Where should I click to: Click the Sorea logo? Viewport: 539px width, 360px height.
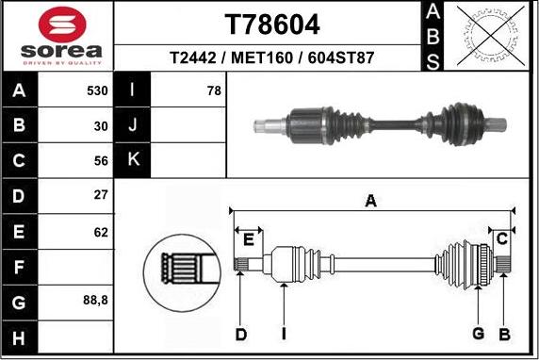pyautogui.click(x=58, y=37)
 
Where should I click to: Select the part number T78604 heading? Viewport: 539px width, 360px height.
pyautogui.click(x=271, y=24)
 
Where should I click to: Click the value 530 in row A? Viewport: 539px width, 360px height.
pyautogui.click(x=97, y=91)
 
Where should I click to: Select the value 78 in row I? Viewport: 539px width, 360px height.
pyautogui.click(x=214, y=91)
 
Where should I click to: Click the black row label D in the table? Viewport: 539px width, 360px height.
pyautogui.click(x=20, y=196)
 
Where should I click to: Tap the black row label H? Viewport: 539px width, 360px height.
pyautogui.click(x=20, y=336)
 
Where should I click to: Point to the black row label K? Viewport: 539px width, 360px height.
pyautogui.click(x=132, y=160)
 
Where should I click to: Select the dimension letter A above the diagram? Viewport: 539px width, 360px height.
pyautogui.click(x=371, y=200)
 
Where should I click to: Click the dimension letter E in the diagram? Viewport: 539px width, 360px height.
pyautogui.click(x=247, y=238)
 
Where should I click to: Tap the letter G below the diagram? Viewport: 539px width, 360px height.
pyautogui.click(x=478, y=334)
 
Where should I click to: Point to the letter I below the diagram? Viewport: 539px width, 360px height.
pyautogui.click(x=283, y=334)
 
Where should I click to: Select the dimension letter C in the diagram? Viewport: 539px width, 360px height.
pyautogui.click(x=501, y=237)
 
